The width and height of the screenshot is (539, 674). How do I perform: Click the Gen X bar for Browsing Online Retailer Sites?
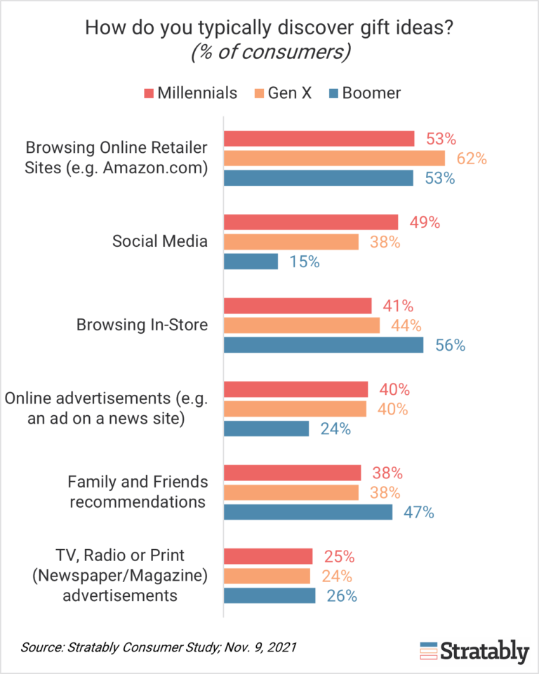click(334, 159)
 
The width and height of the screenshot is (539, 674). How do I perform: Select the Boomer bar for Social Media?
click(251, 262)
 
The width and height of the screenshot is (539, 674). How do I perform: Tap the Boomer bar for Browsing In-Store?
click(324, 345)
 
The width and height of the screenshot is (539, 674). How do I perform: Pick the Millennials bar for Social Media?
click(311, 222)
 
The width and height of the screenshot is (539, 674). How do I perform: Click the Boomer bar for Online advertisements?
click(266, 429)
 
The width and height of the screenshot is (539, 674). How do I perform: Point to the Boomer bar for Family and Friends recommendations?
click(308, 513)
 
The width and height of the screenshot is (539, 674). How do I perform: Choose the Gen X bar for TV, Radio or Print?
click(267, 576)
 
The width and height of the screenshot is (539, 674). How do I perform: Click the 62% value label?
click(472, 159)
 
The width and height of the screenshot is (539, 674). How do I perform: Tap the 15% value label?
click(305, 262)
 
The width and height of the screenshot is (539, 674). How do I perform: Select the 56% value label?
click(450, 345)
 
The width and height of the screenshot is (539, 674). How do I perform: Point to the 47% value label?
click(419, 513)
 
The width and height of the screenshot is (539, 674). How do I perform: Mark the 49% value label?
click(425, 222)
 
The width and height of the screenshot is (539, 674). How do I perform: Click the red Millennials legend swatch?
click(149, 93)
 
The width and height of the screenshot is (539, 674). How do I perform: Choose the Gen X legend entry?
click(289, 93)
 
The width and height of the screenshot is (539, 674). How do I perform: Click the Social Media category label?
click(160, 242)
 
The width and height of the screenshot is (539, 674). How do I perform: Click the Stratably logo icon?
click(428, 651)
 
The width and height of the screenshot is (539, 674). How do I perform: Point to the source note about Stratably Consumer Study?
click(158, 646)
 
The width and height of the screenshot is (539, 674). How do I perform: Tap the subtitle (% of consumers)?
click(269, 53)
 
